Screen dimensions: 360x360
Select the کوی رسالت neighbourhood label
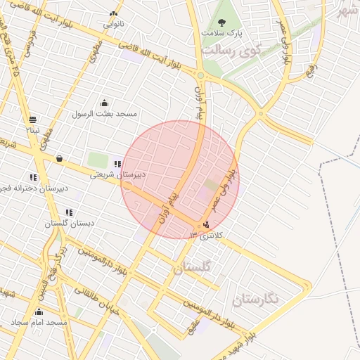coord(231,51)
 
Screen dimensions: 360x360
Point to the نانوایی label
coord(114,24)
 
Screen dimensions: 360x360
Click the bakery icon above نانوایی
coord(114,13)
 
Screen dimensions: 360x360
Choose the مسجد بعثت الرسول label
coord(106,113)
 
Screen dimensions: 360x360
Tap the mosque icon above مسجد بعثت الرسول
coord(105,103)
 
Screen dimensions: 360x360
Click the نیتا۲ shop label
coord(33,130)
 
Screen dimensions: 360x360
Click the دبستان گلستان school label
coord(70,223)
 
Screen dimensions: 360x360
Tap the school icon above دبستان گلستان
coord(69,212)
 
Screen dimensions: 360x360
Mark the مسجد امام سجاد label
coord(39,322)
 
